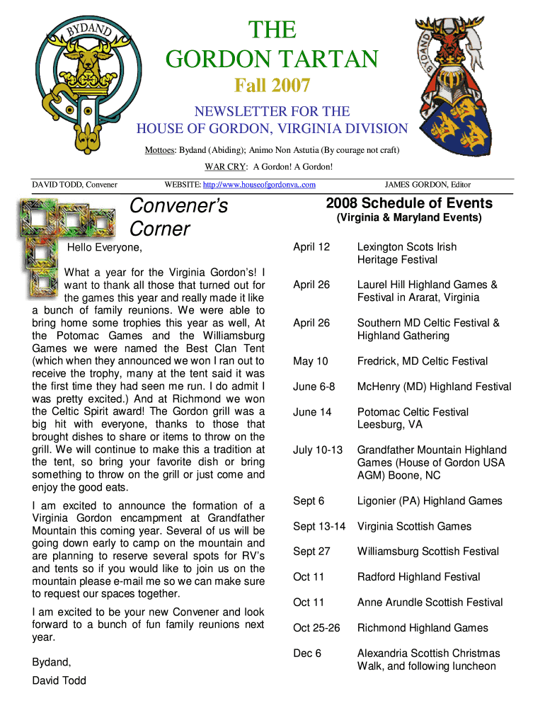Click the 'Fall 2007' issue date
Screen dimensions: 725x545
(272, 86)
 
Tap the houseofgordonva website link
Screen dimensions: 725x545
(259, 185)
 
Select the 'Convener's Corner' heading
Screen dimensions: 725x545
(178, 217)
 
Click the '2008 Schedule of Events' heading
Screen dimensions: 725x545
(409, 203)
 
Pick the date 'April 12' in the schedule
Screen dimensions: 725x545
(311, 247)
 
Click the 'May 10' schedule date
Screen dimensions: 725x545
(311, 362)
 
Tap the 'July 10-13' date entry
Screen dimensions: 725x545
(318, 450)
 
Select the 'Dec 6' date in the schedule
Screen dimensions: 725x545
(307, 653)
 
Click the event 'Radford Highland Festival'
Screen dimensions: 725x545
(418, 577)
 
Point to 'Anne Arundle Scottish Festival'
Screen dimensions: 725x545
(430, 603)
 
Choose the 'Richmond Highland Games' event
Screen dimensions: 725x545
(423, 628)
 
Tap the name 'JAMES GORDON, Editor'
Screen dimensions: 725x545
(428, 185)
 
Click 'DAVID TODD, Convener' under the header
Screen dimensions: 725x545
(74, 185)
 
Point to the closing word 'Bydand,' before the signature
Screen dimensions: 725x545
(52, 663)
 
